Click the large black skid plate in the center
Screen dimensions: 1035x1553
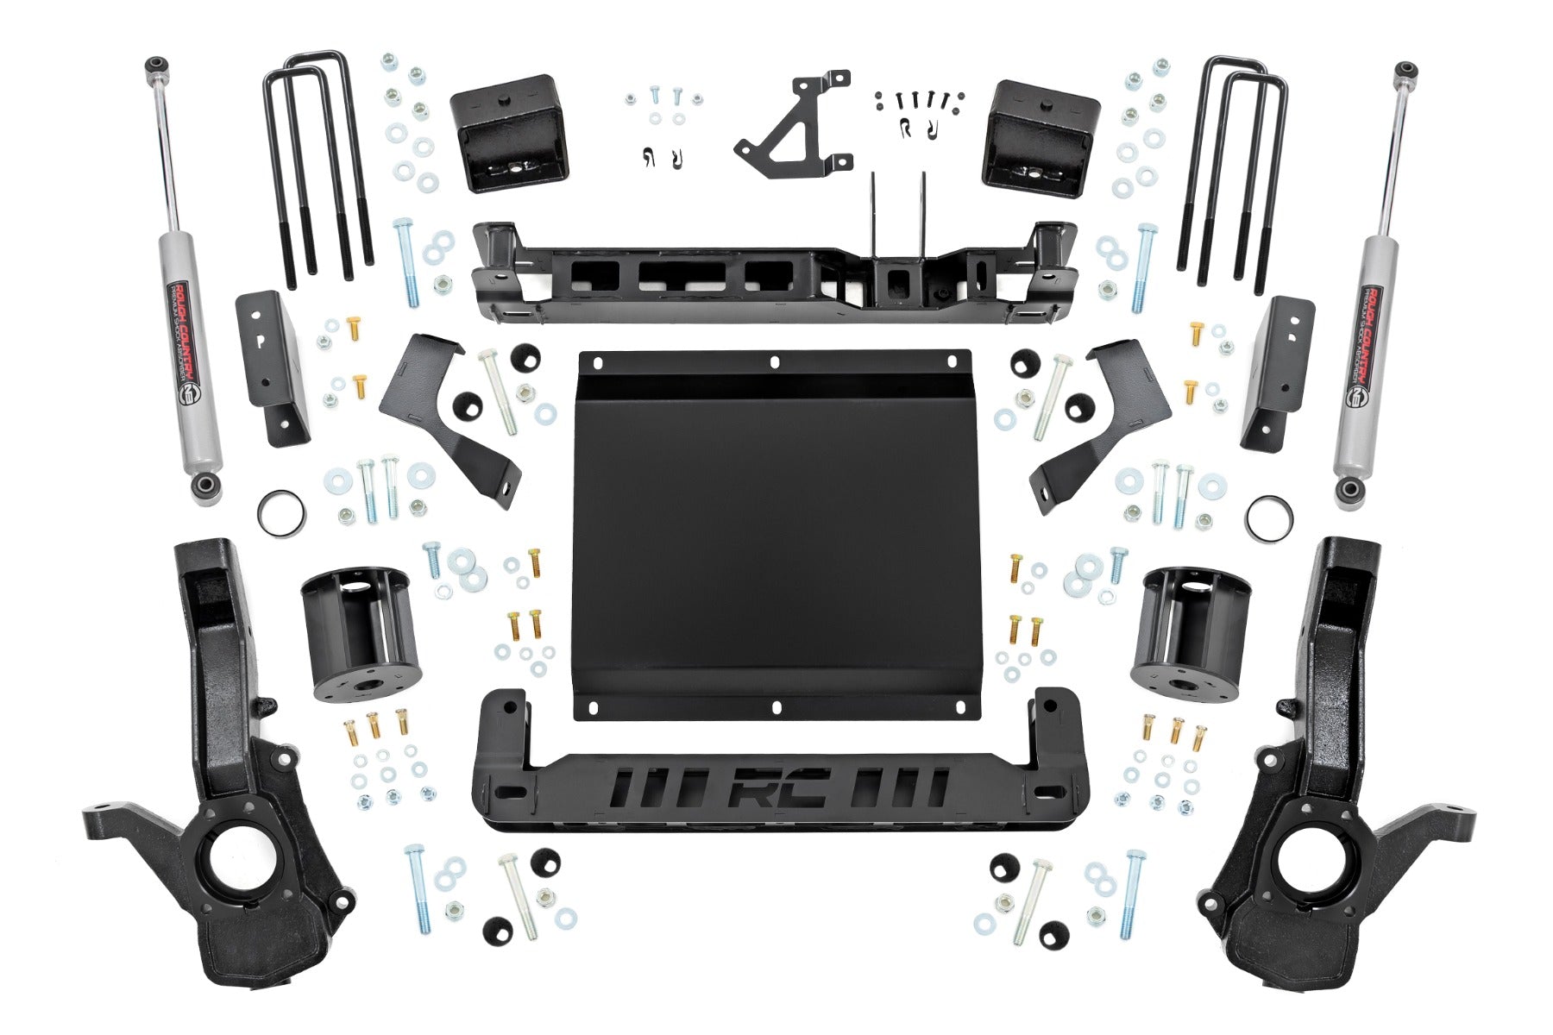pos(776,535)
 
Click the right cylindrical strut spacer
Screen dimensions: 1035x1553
pos(1191,634)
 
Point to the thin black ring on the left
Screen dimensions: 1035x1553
pos(280,513)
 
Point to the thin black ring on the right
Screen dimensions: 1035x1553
pos(1269,517)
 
